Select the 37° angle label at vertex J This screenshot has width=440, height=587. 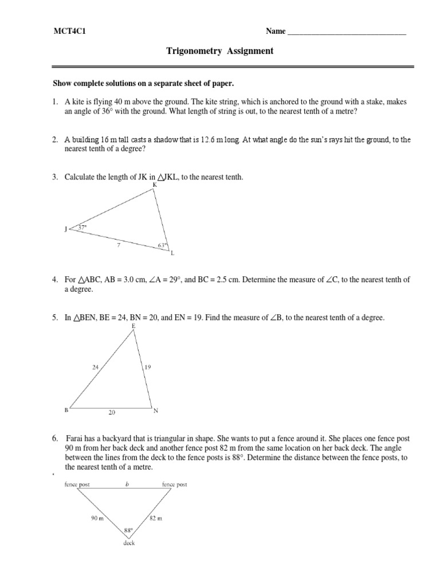tap(82, 228)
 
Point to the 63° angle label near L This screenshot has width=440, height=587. tap(162, 246)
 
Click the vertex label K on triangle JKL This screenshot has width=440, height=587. tap(155, 185)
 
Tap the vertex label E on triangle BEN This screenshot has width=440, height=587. tap(133, 326)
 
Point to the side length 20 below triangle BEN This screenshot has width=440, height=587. tap(113, 412)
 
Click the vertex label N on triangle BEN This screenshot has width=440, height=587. tap(155, 410)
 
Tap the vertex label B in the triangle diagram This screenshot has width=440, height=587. tap(67, 410)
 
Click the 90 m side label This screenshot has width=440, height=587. tap(96, 518)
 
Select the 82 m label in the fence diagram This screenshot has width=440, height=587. tap(156, 518)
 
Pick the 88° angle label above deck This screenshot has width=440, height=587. tap(128, 531)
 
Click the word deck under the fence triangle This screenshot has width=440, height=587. tap(128, 543)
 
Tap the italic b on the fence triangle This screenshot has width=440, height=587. tap(127, 484)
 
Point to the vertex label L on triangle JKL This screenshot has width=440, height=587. tap(171, 253)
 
